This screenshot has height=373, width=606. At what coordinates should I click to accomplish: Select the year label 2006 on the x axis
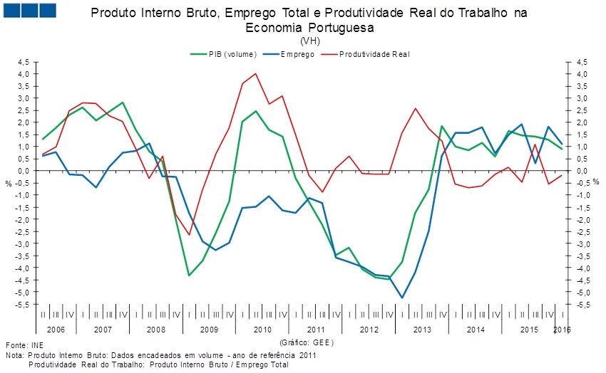point(56,330)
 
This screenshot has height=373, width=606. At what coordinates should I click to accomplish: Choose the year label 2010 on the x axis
point(262,330)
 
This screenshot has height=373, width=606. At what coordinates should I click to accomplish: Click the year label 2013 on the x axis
point(422,330)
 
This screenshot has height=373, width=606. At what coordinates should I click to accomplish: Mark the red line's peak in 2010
point(256,73)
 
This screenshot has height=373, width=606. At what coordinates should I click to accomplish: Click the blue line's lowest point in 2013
point(402,298)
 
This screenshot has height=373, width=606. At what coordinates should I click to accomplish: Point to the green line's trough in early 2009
point(189,275)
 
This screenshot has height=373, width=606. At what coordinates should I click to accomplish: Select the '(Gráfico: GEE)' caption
point(307,342)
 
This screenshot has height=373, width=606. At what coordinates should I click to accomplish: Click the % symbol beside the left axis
point(8,183)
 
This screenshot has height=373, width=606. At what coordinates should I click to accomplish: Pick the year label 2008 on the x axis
point(155,330)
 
